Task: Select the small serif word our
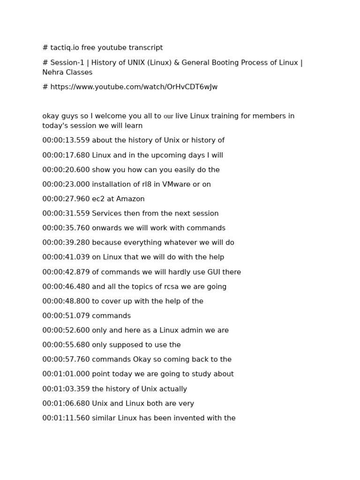pos(168,116)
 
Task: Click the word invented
pos(190,418)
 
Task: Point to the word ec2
pos(99,199)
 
